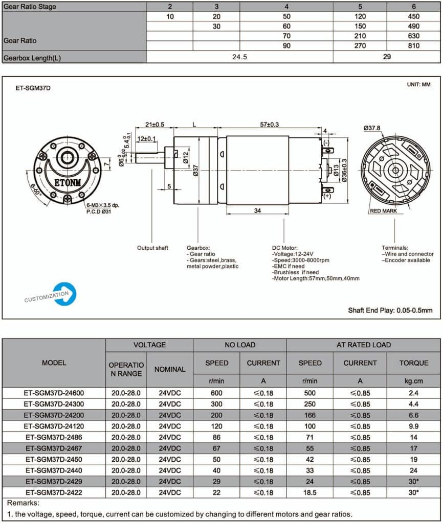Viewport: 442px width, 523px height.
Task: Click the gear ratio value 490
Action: pos(413,26)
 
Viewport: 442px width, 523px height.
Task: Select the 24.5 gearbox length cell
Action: pos(239,57)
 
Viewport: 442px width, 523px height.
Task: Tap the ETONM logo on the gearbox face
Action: pos(68,182)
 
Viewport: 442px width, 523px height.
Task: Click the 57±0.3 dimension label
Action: pos(269,125)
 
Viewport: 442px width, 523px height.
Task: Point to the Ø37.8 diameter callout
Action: pos(372,128)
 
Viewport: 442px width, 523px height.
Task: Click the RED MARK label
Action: pos(383,211)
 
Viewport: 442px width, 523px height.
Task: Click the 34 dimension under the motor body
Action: pos(257,210)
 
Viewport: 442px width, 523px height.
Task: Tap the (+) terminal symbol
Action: pos(327,196)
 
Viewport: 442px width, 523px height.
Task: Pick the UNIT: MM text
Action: pos(418,85)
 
